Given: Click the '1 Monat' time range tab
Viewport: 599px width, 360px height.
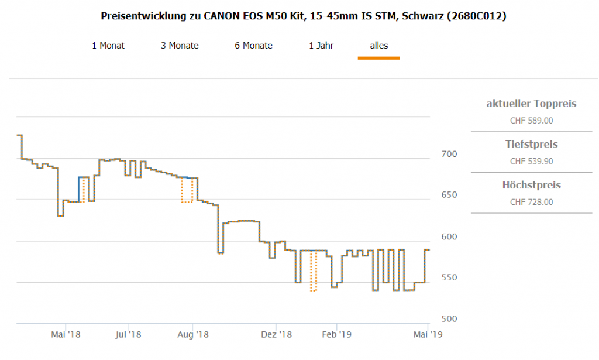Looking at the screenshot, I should (108, 46).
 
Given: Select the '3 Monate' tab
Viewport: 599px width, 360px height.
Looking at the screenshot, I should (180, 46).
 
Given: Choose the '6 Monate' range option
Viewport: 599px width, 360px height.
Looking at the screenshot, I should (253, 46).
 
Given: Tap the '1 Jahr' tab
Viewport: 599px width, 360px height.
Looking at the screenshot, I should (321, 46).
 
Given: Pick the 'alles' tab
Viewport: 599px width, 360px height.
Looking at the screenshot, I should (378, 46).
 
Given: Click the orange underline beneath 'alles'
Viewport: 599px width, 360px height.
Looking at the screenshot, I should (378, 58).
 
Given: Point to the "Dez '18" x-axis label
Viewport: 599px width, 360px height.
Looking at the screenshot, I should (276, 334).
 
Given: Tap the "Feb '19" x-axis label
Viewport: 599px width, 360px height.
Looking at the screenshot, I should (336, 334).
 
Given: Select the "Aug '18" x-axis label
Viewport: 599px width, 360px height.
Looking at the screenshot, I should (193, 334).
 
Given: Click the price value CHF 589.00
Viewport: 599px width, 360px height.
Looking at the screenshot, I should (531, 121).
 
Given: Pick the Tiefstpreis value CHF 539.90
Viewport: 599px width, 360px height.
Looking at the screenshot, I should (531, 162).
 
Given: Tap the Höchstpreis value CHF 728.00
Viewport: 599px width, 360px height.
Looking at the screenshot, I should (531, 203).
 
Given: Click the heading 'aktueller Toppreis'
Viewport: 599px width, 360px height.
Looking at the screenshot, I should (531, 104).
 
